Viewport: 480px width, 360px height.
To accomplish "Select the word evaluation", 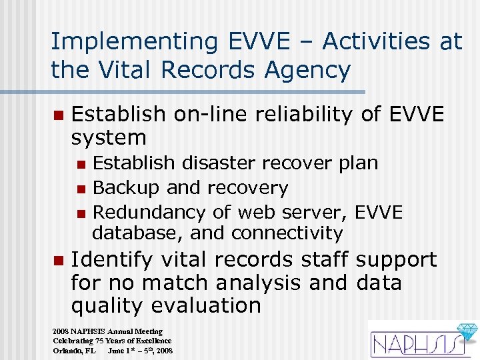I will pyautogui.click(x=206, y=306).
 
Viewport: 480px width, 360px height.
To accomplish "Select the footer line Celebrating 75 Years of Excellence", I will pyautogui.click(x=112, y=341).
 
